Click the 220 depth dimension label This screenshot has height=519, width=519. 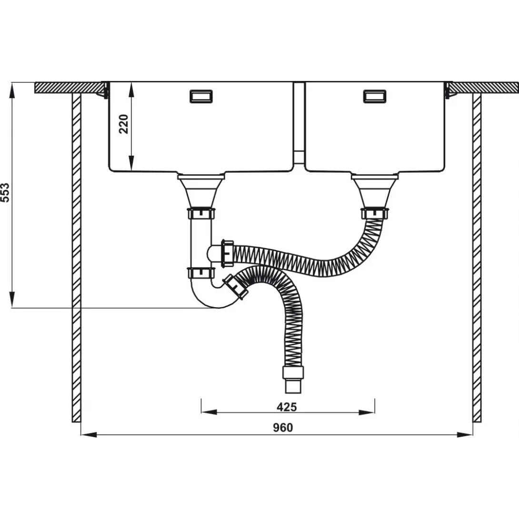124,124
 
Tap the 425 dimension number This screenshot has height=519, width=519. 287,407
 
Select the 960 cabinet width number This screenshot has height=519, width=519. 283,428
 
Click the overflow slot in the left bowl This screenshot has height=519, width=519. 201,96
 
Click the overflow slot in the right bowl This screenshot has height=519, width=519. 375,96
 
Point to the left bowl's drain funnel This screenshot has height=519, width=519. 201,191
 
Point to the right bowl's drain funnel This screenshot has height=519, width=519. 375,191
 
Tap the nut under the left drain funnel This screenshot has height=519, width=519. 201,213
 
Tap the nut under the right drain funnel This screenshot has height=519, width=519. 375,213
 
